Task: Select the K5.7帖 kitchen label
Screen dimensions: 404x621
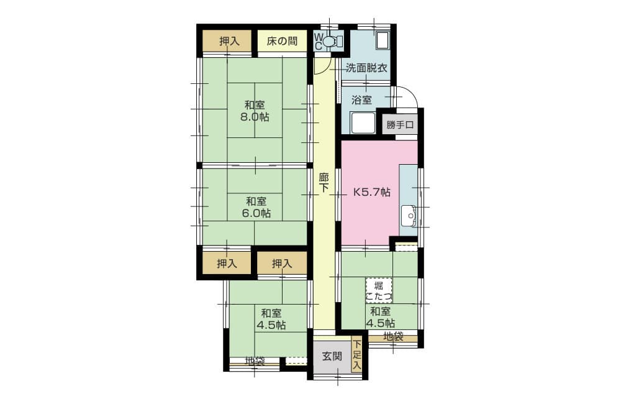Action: tap(372, 192)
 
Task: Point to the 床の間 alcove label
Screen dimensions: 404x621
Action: tap(282, 42)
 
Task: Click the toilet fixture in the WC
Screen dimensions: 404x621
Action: tap(330, 42)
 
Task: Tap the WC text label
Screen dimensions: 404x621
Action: tap(318, 42)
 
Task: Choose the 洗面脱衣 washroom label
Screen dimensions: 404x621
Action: tap(366, 68)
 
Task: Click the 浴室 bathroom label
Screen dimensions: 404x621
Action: tap(361, 99)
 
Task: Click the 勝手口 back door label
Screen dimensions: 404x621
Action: tap(400, 125)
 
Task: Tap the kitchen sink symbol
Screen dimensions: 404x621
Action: tap(408, 215)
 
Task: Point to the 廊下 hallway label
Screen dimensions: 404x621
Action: tap(324, 182)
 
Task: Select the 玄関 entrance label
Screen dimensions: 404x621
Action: tap(332, 357)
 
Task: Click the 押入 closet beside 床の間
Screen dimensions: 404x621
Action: tap(229, 42)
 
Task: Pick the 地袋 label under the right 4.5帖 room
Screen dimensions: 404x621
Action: tap(392, 337)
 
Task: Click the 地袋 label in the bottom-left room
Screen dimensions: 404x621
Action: tap(254, 360)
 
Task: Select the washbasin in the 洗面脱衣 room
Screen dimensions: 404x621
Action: tap(382, 41)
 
